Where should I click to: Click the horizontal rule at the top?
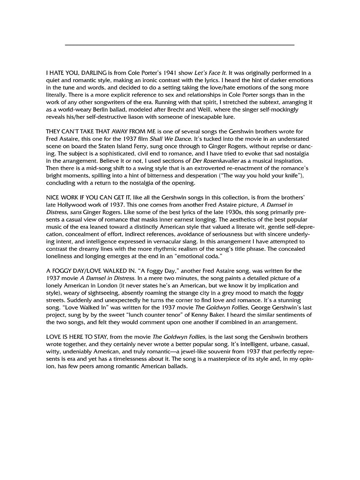click(x=180, y=45)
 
